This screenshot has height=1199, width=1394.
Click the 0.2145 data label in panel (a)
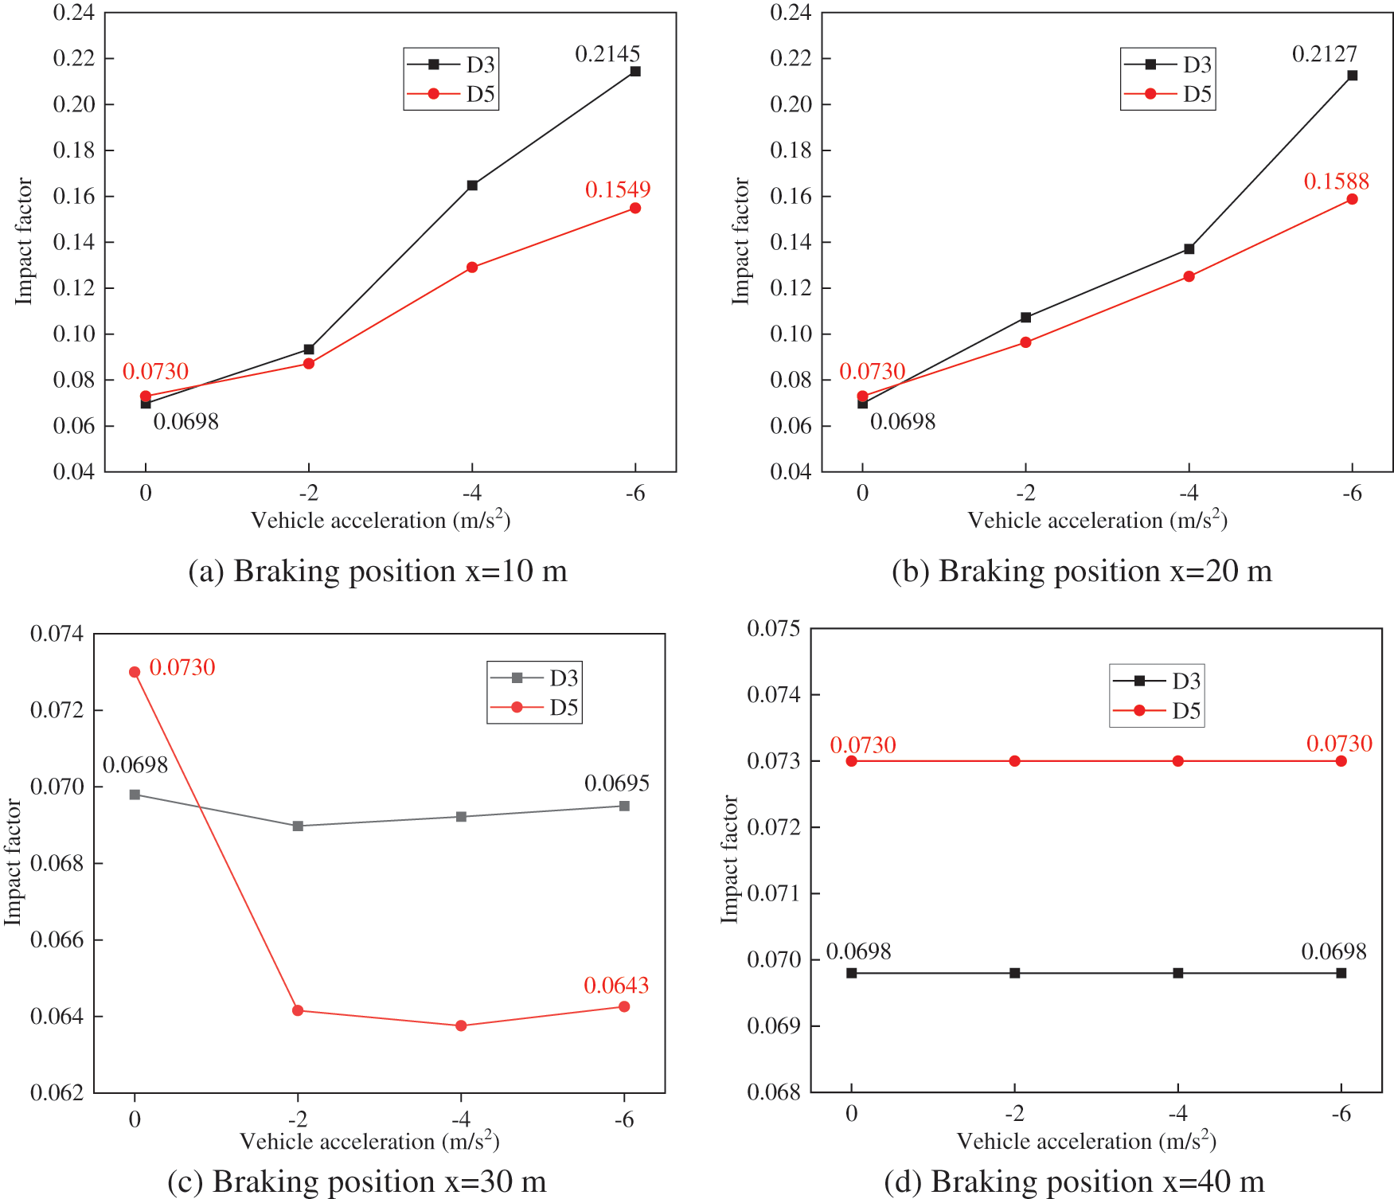(x=607, y=54)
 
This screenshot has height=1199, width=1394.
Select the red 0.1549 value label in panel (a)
(x=618, y=189)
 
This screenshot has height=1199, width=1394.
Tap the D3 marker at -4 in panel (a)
(x=472, y=186)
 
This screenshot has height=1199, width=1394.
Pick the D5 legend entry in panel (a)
(x=451, y=94)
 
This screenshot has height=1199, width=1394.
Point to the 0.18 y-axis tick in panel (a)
(x=73, y=150)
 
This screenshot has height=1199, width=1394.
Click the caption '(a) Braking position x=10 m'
(x=377, y=572)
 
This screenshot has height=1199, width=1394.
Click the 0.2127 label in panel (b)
(x=1324, y=54)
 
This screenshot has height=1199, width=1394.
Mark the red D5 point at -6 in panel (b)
(x=1352, y=199)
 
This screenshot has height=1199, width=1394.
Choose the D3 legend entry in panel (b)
(x=1168, y=64)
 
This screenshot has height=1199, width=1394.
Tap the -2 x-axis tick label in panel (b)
(x=1025, y=494)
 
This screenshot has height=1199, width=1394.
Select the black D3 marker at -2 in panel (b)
(x=1025, y=318)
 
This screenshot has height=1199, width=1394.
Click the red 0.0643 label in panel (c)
(x=616, y=986)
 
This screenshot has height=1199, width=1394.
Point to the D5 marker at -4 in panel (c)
(x=461, y=1025)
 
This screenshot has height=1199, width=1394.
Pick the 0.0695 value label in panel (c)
(x=617, y=783)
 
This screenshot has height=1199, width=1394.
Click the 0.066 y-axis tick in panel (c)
(x=57, y=940)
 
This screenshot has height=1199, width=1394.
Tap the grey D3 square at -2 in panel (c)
(x=298, y=826)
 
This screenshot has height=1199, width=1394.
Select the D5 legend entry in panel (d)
(x=1157, y=710)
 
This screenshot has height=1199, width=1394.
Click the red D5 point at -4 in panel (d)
(x=1178, y=761)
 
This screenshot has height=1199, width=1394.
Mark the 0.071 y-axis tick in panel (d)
(x=773, y=893)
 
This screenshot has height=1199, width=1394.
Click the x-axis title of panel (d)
(x=1086, y=1142)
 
